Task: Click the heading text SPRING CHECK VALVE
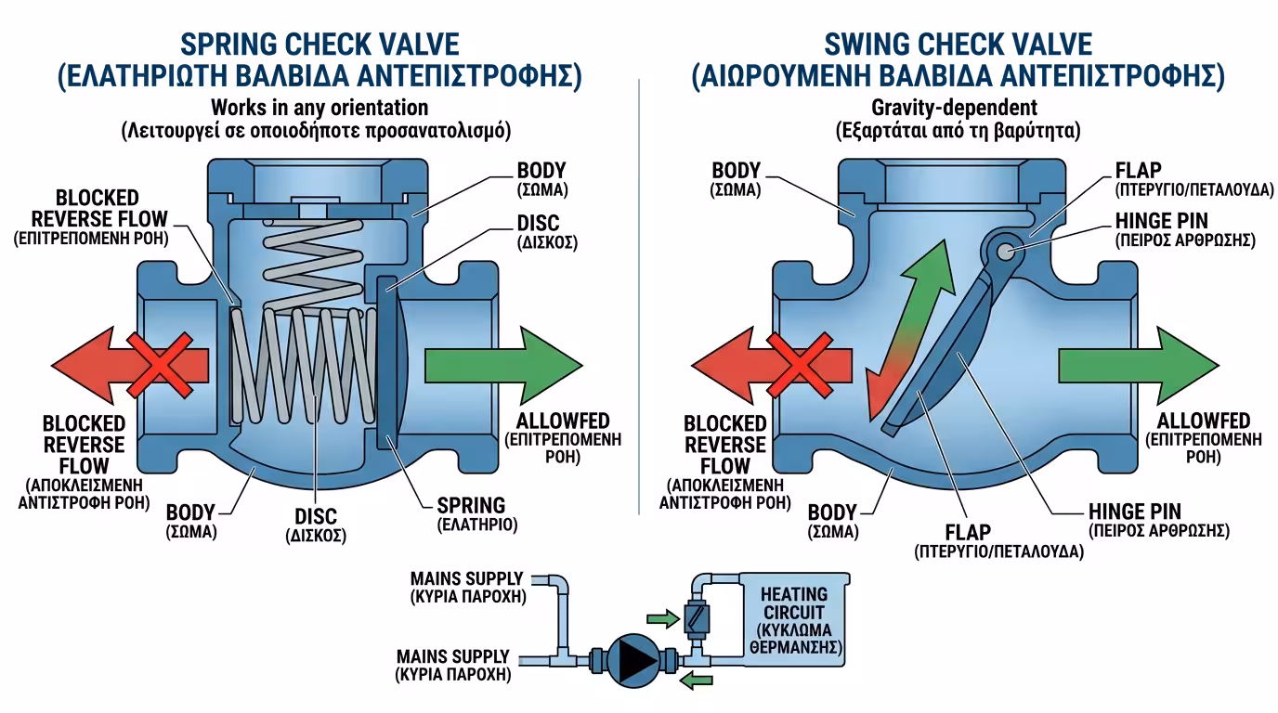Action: [x=319, y=45]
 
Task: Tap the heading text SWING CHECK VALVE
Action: [x=958, y=45]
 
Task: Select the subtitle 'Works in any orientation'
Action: [x=319, y=108]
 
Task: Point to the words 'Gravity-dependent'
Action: [x=954, y=108]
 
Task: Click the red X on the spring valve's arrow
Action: [x=159, y=365]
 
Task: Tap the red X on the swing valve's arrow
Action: [x=800, y=365]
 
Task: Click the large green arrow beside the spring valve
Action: [x=503, y=365]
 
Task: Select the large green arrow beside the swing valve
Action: [x=1139, y=365]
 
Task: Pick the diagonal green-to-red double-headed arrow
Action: [x=909, y=331]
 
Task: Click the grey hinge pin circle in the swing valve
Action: [x=1006, y=252]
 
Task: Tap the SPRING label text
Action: [x=471, y=505]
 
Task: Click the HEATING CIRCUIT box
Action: [x=795, y=620]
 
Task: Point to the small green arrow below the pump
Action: [x=696, y=680]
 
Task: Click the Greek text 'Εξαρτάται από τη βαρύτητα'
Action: [x=958, y=131]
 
